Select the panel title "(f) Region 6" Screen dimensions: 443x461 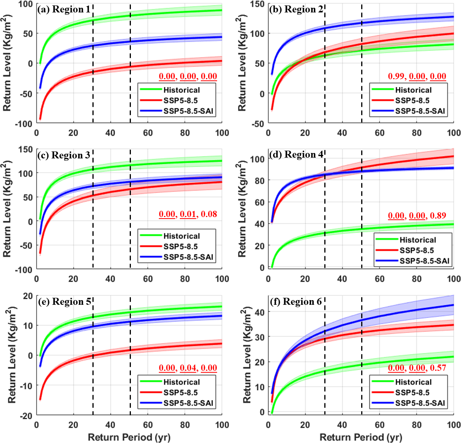(x=296, y=302)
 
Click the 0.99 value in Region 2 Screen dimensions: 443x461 (x=396, y=76)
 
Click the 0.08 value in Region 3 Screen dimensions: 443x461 (x=209, y=214)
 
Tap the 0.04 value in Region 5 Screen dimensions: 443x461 (x=188, y=368)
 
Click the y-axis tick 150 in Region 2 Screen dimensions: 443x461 (x=257, y=4)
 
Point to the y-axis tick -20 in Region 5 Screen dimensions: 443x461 (x=28, y=415)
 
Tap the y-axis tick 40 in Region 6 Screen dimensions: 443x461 (x=259, y=312)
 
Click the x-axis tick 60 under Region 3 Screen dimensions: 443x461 (x=148, y=279)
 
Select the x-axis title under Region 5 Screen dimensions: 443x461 (x=129, y=437)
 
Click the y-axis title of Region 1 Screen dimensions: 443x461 (x=7, y=63)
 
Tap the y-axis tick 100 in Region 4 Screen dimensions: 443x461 (x=257, y=159)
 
